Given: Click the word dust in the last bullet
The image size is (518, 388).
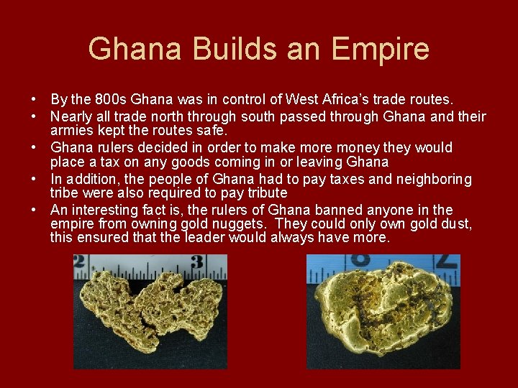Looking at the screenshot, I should click(455, 225).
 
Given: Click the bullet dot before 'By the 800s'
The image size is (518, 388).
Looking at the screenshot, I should click(35, 100).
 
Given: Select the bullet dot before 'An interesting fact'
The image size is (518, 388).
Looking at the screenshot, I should click(35, 211).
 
